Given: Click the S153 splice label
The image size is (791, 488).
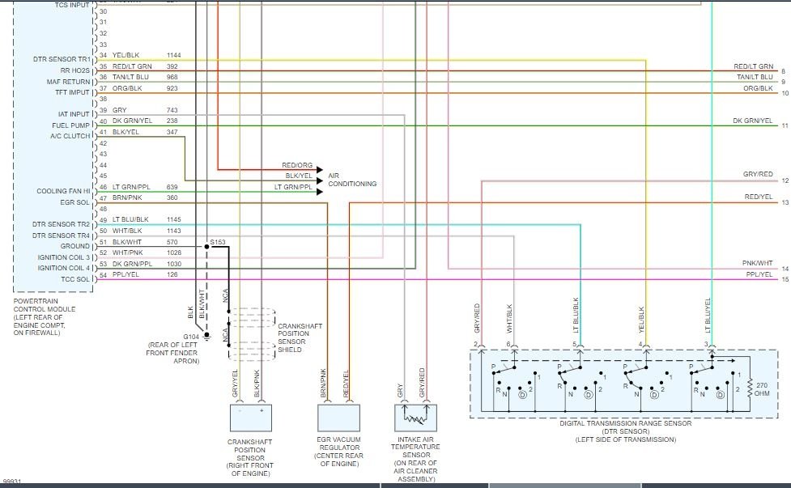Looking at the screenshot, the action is [218, 242].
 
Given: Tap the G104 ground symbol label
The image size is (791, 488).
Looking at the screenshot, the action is [191, 337].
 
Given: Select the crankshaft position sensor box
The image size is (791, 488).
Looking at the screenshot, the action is [251, 418].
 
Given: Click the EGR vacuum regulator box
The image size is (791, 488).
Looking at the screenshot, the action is [338, 418].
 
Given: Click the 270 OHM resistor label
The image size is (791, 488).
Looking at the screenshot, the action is [762, 389].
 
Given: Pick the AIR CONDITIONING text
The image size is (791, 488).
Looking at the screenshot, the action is [352, 180].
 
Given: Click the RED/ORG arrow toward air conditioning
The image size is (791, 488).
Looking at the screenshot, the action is [270, 170].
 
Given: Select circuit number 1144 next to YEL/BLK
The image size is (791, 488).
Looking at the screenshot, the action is [173, 55].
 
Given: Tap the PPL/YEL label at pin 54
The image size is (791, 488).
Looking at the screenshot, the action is [125, 274].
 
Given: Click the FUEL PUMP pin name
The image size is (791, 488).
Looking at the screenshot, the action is [70, 125].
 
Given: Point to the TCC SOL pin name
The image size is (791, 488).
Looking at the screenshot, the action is [75, 278].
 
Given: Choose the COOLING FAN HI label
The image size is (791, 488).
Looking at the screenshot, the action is [63, 191].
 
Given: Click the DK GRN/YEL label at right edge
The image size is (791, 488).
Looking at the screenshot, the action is [753, 121].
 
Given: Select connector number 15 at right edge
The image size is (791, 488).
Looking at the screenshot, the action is [785, 279].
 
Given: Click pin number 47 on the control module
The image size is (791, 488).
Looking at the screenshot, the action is [104, 197].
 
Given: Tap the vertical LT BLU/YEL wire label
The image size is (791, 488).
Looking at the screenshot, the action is [708, 316].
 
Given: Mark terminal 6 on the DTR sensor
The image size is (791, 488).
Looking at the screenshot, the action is [509, 344].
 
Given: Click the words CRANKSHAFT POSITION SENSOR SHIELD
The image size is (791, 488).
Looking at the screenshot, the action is [300, 337].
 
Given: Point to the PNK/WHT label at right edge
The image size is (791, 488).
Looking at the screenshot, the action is [758, 263].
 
